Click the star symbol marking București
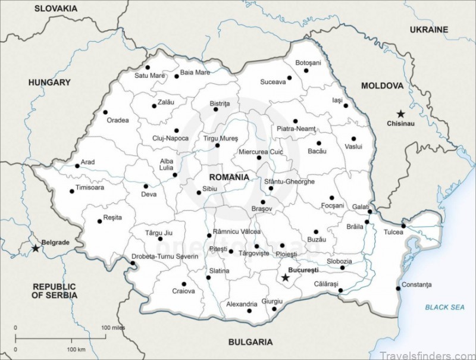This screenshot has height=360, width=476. [x=286, y=277]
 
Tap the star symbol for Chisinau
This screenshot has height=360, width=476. [x=400, y=113]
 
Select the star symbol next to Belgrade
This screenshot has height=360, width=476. [x=35, y=248]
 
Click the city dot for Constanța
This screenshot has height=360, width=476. [x=398, y=289]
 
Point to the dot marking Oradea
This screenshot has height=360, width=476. [x=105, y=112]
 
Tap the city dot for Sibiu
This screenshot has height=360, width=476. [x=199, y=192]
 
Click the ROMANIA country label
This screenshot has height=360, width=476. [x=229, y=177]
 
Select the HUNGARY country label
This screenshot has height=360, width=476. [x=49, y=83]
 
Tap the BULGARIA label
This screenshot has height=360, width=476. [x=250, y=342]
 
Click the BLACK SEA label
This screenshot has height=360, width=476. [x=444, y=307]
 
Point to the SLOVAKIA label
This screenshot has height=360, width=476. [x=55, y=8]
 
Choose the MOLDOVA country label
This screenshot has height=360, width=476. [x=383, y=86]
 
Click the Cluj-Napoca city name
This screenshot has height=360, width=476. [x=170, y=139]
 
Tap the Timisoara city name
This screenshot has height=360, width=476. [x=90, y=188]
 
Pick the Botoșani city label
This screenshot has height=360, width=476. [x=308, y=62]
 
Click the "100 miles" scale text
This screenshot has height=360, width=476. [x=114, y=328]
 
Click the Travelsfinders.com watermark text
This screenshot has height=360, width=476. [x=436, y=352]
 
